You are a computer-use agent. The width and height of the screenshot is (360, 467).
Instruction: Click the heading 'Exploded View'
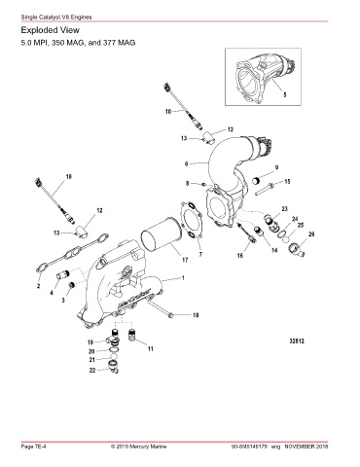coord(50,30)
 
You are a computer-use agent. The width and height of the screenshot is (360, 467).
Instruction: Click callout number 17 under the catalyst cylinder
coord(185,260)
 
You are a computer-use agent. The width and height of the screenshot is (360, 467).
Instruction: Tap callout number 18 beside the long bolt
coord(196,315)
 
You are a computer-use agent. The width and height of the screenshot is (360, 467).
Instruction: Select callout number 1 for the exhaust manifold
coord(183,278)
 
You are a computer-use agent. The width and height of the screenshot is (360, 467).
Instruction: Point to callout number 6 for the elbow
coord(186,164)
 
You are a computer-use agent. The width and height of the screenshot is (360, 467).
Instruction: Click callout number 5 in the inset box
coord(285,94)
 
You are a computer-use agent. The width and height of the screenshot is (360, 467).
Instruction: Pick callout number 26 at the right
coord(311,234)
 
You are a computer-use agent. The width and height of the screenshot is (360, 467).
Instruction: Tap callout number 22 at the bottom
coord(92,370)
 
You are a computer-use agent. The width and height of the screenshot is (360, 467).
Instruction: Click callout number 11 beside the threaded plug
coord(151,349)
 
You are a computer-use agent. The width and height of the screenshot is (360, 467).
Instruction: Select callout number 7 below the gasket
coord(200,255)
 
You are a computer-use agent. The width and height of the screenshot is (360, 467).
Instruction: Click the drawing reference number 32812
coord(297,341)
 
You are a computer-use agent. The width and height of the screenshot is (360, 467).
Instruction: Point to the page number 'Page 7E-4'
coord(33,447)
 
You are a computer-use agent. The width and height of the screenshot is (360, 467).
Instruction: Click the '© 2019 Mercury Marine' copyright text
coord(139,447)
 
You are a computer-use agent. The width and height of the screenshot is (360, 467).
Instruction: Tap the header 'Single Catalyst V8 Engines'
coord(56,17)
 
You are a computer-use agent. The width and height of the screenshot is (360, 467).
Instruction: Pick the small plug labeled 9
coord(257,180)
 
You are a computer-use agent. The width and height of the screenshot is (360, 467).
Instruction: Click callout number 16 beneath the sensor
coord(240,256)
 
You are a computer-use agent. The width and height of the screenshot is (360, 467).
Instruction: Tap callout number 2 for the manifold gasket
coord(38,286)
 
